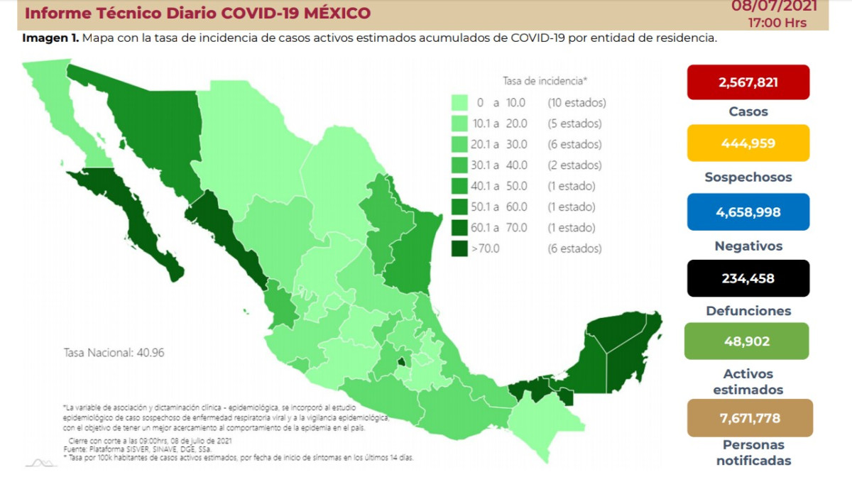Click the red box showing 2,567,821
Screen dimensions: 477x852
coord(748,82)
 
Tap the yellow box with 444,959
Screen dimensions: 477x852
coord(748,143)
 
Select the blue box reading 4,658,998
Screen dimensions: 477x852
coord(748,212)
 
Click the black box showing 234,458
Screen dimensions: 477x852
coord(748,278)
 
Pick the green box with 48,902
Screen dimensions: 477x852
coord(748,341)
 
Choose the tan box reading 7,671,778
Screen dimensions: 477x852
coord(748,417)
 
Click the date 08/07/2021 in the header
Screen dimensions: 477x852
coord(775,6)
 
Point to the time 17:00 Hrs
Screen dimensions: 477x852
coord(777,22)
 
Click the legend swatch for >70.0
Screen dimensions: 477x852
coord(459,249)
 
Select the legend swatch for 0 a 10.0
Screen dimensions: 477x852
coord(459,103)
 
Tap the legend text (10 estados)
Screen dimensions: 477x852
coord(577,103)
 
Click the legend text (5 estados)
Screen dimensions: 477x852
coord(574,124)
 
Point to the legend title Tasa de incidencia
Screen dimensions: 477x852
coord(545,80)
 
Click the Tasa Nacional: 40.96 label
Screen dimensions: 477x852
coord(114,352)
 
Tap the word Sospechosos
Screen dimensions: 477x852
coord(748,177)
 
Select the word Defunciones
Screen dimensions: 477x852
coord(748,311)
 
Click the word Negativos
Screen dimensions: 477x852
coord(748,246)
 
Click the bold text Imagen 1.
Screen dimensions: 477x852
coord(50,38)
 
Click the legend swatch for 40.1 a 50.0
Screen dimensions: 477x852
coord(459,187)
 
